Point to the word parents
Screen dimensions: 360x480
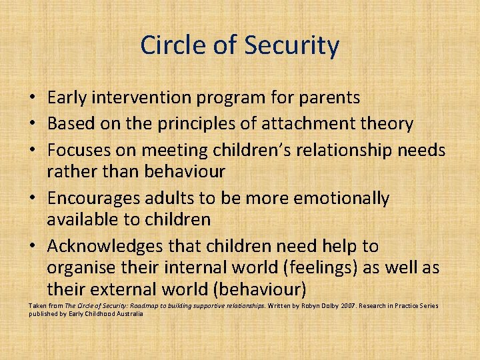point(326,98)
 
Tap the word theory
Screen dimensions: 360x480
point(389,124)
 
